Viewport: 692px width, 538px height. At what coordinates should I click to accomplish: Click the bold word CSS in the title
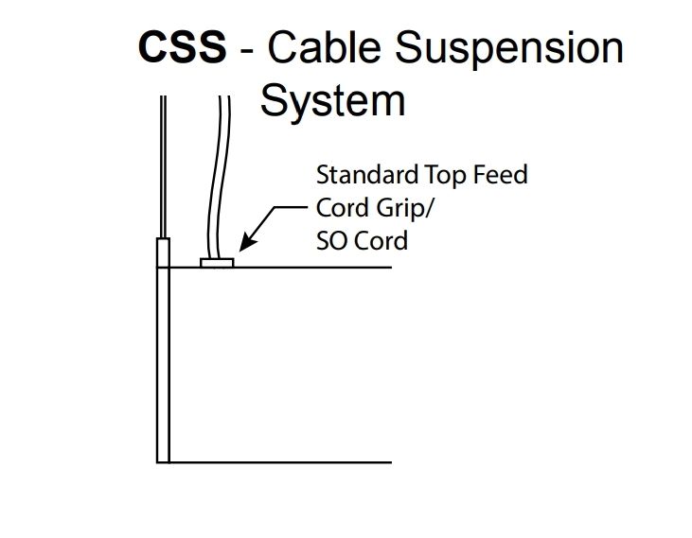click(183, 47)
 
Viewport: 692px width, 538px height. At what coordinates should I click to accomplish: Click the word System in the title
click(332, 100)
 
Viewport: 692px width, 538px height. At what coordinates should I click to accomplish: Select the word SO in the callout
click(329, 240)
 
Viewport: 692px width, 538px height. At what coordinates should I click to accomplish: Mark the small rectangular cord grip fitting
click(217, 262)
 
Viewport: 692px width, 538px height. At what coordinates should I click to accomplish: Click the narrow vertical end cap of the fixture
click(163, 359)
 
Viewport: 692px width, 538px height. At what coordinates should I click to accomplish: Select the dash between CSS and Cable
click(247, 50)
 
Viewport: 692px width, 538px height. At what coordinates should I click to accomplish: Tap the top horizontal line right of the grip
click(312, 268)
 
